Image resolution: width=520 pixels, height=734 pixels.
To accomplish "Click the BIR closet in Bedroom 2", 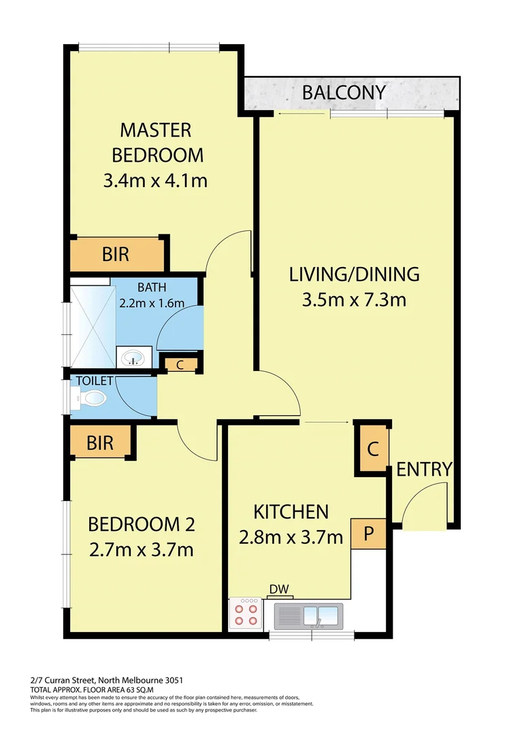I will click(x=100, y=443).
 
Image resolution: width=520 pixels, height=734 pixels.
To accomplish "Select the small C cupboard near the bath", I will click(x=180, y=364).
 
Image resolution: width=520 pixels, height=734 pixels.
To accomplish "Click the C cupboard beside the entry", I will click(x=372, y=449).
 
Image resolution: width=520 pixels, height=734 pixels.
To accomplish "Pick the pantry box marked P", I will click(x=368, y=534).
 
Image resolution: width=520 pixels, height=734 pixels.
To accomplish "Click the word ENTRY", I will click(x=424, y=469).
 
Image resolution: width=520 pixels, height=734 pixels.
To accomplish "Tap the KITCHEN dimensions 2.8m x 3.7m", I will click(x=291, y=538).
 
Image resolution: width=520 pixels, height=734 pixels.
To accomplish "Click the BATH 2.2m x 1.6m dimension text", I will click(x=151, y=303).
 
